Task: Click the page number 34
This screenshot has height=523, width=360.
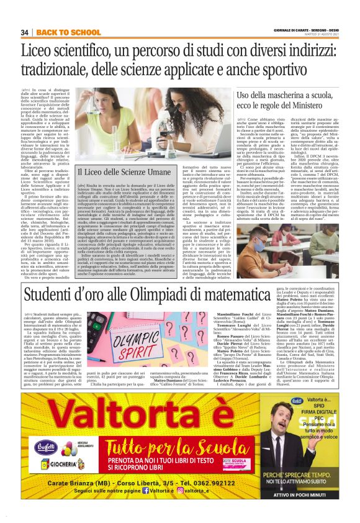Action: [x=25, y=32]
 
